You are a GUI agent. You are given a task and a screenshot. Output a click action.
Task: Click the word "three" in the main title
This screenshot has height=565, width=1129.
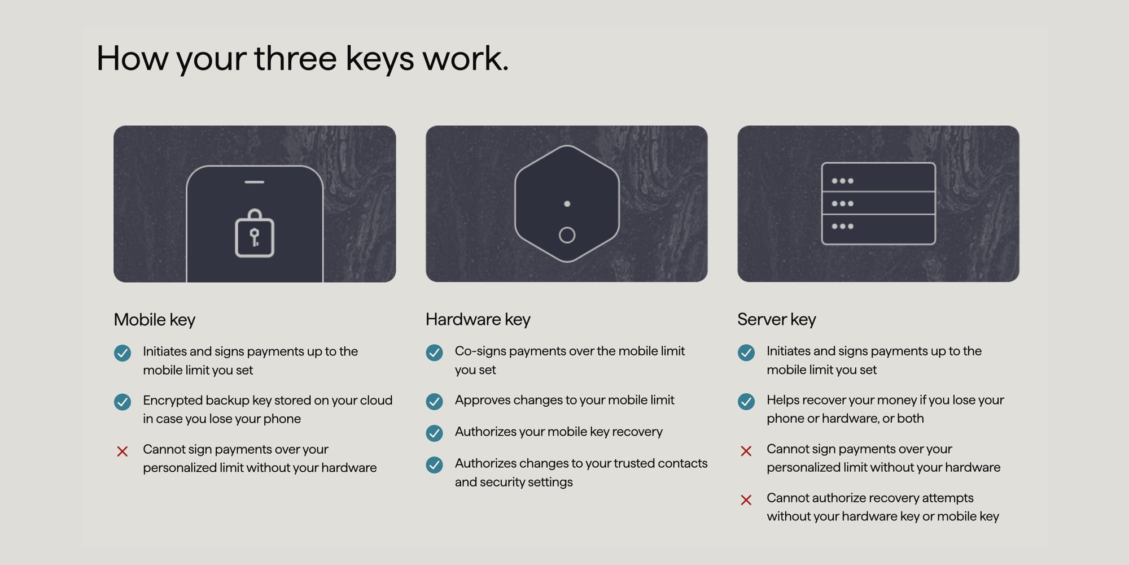(295, 58)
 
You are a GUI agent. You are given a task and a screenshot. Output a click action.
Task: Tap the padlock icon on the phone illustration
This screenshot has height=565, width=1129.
(255, 234)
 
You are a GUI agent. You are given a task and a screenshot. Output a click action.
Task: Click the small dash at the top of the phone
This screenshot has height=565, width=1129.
(255, 182)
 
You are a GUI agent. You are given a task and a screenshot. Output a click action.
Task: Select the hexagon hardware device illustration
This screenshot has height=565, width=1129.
(567, 203)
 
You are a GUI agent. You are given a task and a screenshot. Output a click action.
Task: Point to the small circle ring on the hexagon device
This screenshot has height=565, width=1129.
(567, 235)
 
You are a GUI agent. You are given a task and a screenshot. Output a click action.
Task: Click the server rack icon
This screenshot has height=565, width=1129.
(878, 203)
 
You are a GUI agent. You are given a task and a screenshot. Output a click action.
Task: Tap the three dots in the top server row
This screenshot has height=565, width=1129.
(842, 181)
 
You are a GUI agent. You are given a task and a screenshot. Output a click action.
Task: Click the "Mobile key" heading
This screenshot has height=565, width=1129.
(154, 320)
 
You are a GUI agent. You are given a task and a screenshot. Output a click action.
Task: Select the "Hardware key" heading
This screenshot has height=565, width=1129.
(478, 320)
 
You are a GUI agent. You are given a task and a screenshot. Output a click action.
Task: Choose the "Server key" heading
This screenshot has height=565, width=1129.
(776, 320)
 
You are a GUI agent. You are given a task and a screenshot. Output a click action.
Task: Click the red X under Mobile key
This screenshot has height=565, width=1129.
(122, 451)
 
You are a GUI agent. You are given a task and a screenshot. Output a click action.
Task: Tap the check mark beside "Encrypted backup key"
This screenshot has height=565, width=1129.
(122, 402)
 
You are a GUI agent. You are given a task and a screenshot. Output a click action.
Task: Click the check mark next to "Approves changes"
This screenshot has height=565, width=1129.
(434, 402)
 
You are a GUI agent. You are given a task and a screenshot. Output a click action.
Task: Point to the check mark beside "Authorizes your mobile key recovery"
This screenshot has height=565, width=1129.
(434, 433)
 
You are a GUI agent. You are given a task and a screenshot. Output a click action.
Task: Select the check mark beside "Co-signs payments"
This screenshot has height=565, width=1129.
(434, 353)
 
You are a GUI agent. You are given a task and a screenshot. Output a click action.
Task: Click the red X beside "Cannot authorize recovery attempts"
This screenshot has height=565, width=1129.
(746, 500)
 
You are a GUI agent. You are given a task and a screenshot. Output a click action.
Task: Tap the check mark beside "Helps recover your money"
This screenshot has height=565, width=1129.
(746, 402)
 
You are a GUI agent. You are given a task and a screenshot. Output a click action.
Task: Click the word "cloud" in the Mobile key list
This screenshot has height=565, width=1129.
(376, 400)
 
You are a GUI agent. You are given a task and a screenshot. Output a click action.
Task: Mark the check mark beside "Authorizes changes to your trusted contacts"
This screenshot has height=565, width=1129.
(434, 465)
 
